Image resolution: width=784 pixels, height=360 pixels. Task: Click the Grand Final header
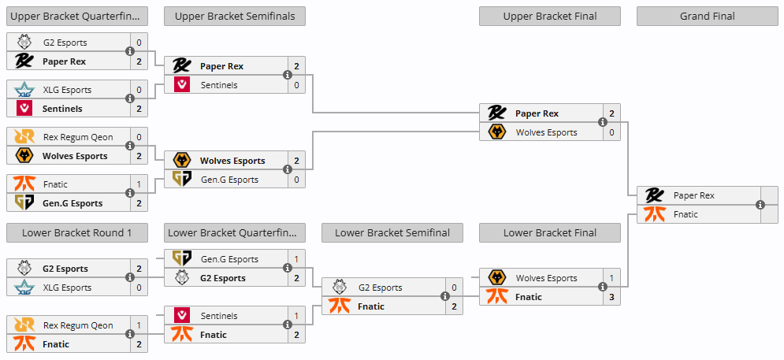click(707, 17)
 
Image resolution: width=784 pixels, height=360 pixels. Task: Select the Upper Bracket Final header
click(549, 17)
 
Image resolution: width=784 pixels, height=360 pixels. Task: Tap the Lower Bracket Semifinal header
click(392, 233)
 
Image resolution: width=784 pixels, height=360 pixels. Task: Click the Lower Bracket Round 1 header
click(77, 233)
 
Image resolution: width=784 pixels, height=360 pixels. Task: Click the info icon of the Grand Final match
click(760, 205)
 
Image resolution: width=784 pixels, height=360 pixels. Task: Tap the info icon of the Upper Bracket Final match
click(603, 123)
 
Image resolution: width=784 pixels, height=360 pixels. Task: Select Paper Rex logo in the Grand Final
click(654, 195)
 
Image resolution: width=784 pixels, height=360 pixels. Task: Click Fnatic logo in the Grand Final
click(654, 214)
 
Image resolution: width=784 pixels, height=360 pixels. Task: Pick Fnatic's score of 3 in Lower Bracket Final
click(611, 297)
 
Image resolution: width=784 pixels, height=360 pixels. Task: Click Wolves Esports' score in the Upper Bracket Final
click(611, 132)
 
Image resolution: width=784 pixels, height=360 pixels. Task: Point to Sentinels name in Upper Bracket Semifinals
click(219, 85)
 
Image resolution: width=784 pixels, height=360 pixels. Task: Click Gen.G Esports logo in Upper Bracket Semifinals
click(181, 179)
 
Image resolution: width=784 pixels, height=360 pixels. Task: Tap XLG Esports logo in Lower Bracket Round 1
click(24, 288)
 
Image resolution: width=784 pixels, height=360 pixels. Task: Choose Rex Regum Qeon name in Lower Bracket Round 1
click(78, 325)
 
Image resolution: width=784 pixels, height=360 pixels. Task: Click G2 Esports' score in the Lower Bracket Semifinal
click(454, 288)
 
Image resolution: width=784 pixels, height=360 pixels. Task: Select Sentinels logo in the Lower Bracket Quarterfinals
click(181, 316)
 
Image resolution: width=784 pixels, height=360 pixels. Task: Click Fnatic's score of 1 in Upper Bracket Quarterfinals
click(139, 184)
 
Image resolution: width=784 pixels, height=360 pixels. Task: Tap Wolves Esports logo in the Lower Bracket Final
click(496, 278)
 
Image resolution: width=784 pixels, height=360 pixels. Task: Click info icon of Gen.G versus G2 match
click(288, 268)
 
